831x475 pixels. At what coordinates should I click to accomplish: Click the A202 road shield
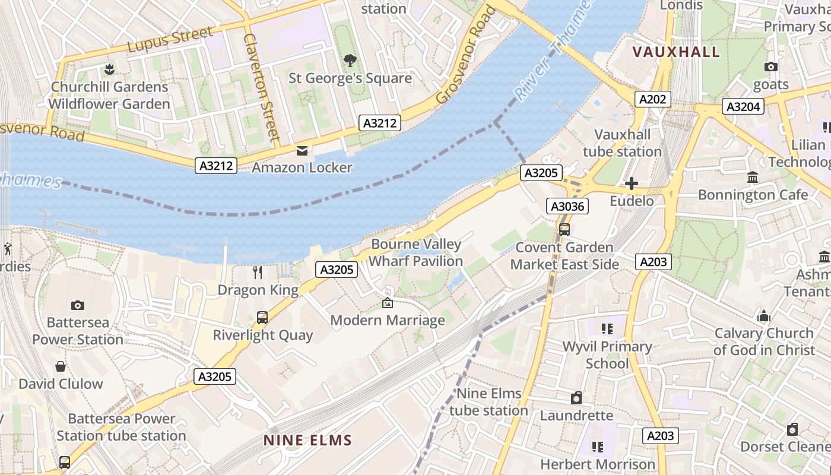coord(653,99)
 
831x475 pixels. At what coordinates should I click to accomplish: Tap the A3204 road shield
coord(743,106)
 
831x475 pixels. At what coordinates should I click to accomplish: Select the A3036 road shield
coord(567,206)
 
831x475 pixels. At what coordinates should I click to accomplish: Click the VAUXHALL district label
coord(676,52)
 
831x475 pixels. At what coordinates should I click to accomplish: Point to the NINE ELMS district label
coord(308,440)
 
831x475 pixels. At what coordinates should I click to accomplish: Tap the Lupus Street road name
coord(170,39)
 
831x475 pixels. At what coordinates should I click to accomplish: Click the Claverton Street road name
coord(261,87)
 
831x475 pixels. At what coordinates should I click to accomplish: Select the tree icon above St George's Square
coord(350,60)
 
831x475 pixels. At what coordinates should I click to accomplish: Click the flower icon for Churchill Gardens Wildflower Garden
coord(109,69)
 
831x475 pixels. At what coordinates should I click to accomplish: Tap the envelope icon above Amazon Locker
coord(302,150)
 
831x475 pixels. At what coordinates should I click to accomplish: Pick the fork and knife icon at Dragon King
coord(258,273)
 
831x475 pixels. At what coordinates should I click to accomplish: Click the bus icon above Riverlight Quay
coord(262,318)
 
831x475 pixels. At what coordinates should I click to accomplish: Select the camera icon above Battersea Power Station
coord(78,305)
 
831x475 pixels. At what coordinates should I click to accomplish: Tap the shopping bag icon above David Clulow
coord(61,366)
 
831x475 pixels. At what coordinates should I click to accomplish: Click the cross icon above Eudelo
coord(632,183)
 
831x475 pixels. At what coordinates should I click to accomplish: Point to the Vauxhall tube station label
coord(622,143)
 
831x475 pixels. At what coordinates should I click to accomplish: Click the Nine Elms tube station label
coord(489,402)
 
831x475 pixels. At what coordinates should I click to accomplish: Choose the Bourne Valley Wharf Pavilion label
coord(415,253)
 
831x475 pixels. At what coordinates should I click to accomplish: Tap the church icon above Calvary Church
coord(764,316)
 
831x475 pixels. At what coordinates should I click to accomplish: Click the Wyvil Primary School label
coord(607,354)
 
